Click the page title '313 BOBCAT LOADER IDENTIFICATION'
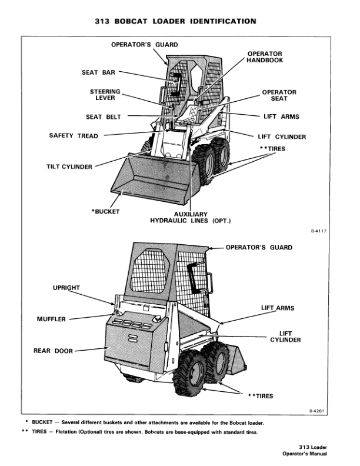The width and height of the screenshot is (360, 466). [175, 21]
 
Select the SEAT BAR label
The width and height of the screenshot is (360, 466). [98, 73]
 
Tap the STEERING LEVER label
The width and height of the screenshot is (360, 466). [105, 95]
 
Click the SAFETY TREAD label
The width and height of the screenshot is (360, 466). [74, 136]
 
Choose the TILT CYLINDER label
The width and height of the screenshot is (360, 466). [69, 167]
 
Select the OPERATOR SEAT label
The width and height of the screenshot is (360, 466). [279, 95]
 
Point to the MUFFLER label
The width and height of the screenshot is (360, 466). [51, 319]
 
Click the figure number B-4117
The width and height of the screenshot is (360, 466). [318, 232]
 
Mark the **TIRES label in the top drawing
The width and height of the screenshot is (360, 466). [273, 149]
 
